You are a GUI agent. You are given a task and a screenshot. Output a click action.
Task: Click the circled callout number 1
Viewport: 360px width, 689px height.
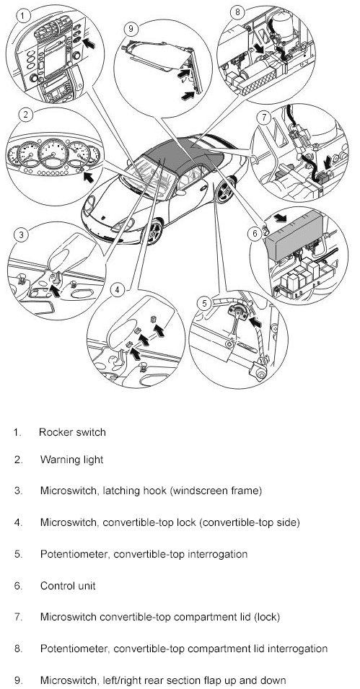[x=23, y=17]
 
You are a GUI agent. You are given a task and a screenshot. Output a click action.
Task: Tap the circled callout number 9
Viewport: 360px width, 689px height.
[x=131, y=30]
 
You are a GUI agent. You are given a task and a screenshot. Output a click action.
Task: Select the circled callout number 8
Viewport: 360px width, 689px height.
[x=237, y=12]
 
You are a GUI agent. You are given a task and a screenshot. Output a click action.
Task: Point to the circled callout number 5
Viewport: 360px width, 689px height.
[x=204, y=303]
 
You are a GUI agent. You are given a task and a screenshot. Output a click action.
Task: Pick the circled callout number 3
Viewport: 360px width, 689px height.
[x=21, y=234]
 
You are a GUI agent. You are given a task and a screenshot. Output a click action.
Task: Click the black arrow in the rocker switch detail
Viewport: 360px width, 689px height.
[x=89, y=43]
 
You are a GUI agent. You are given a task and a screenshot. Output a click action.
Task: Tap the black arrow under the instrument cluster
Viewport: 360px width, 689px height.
[x=89, y=177]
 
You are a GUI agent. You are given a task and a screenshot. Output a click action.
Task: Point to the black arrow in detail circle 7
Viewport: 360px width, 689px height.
[x=328, y=163]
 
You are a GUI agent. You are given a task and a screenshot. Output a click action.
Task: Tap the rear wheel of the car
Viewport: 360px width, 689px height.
[x=226, y=190]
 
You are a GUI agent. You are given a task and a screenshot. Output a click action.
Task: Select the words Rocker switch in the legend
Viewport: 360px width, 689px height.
[x=72, y=432]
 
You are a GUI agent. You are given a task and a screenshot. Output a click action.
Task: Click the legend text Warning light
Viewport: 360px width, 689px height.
[x=71, y=460]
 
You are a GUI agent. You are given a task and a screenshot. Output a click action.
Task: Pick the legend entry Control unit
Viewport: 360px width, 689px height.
[x=68, y=586]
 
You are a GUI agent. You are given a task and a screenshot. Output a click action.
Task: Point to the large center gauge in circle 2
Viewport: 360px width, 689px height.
[x=53, y=152]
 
